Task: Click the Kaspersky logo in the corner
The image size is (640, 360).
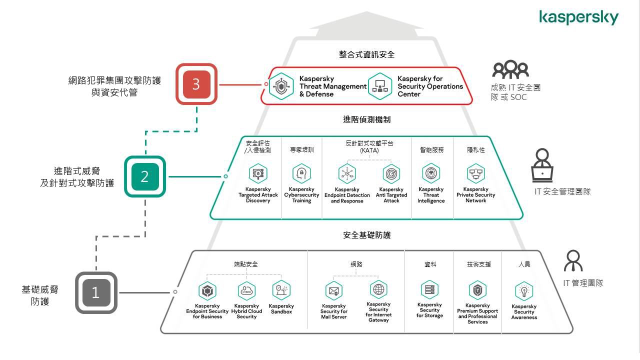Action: point(578,18)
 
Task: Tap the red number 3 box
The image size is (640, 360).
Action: point(196,84)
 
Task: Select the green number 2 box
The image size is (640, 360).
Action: point(144,176)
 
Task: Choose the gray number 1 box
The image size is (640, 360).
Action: point(95,292)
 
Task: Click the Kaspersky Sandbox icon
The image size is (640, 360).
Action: point(281,290)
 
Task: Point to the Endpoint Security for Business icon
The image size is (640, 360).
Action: point(207,290)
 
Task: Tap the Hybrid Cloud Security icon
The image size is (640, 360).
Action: point(246,290)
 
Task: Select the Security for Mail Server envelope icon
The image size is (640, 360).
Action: point(333,290)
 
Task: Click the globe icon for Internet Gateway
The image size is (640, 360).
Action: point(378,289)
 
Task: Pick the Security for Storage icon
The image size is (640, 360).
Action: point(429,290)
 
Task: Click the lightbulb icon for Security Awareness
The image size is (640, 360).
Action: point(523,291)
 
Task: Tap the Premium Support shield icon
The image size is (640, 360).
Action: point(477,290)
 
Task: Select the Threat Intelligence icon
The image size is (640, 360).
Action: point(431,173)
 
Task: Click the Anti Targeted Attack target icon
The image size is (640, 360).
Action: point(391,173)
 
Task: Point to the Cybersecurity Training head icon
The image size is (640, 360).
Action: point(301,173)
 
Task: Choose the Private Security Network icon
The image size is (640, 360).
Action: point(475,173)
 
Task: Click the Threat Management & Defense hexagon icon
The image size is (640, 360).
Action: point(281,86)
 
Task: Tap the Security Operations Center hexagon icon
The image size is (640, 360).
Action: point(379,86)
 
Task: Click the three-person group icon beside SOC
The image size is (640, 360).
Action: point(509,69)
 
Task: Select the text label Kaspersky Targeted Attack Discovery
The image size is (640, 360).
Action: point(258,195)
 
